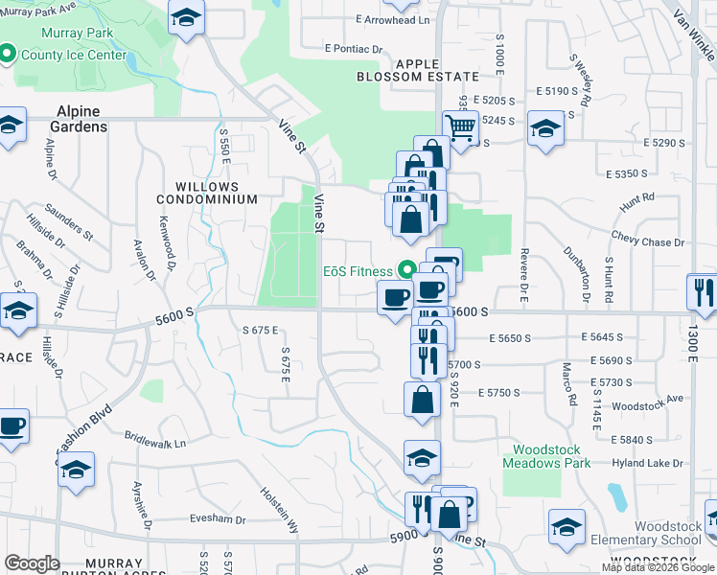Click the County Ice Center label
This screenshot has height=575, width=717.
74,55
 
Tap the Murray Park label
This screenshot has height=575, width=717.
77,34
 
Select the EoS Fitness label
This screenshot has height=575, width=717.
357,271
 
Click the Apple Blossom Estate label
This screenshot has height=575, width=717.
417,69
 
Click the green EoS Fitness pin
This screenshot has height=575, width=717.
406,271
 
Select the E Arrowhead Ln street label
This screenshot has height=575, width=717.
392,19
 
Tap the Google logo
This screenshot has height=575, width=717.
32,563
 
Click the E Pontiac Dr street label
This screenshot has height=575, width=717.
354,48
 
